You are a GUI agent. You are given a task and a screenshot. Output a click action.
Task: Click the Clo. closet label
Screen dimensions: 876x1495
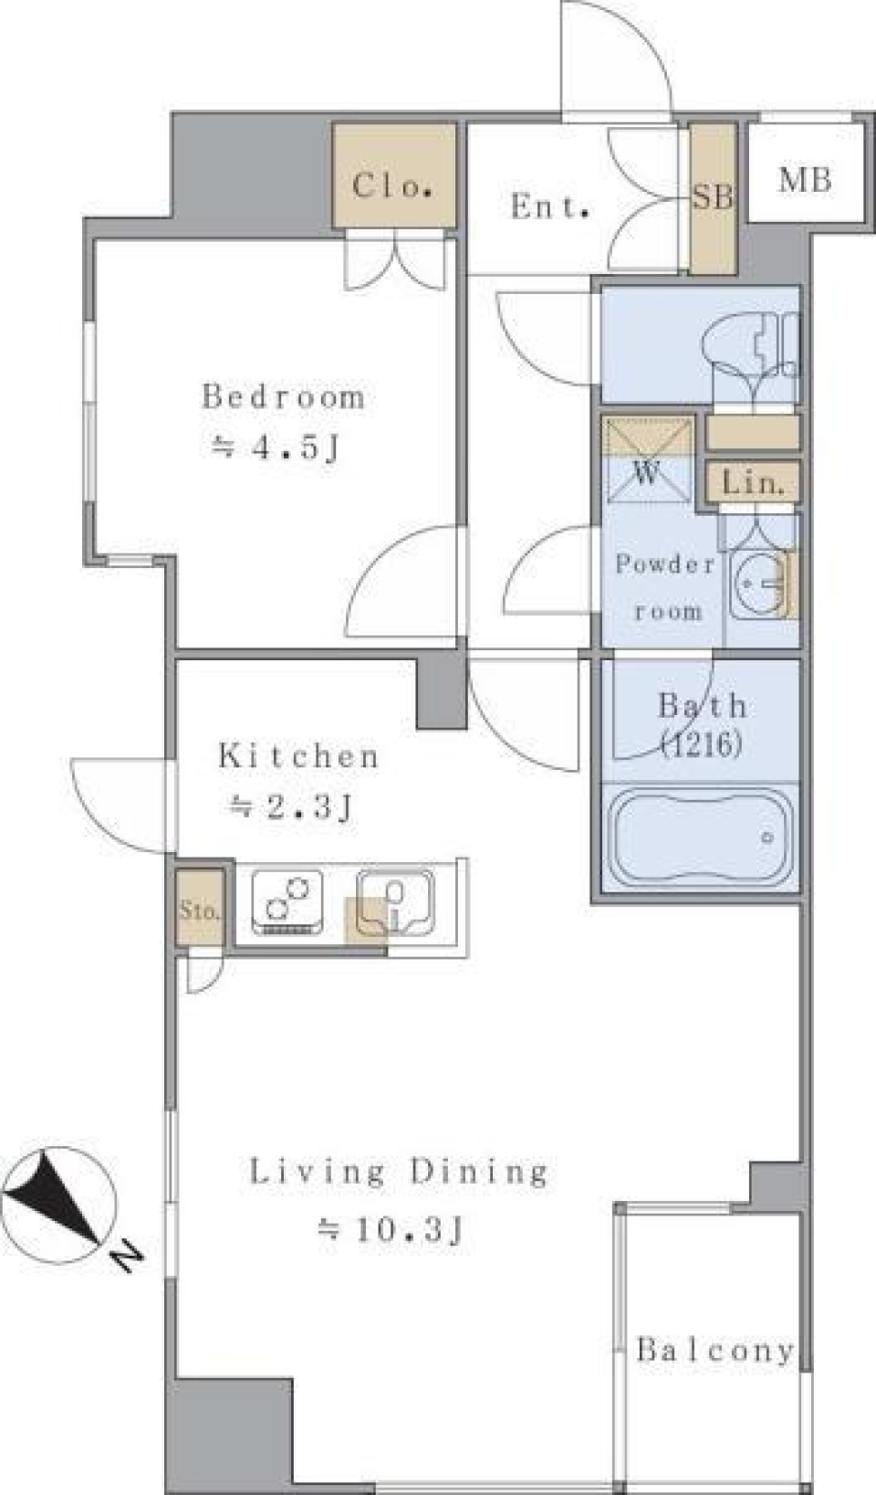pyautogui.click(x=393, y=185)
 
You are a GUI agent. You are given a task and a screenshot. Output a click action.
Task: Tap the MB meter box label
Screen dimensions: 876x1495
pyautogui.click(x=806, y=180)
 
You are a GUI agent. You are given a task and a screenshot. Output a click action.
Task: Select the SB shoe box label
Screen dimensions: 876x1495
pyautogui.click(x=712, y=197)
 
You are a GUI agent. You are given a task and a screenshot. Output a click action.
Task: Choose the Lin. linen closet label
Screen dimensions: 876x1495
pyautogui.click(x=753, y=482)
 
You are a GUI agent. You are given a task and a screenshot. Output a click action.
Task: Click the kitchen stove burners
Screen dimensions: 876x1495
pyautogui.click(x=287, y=901)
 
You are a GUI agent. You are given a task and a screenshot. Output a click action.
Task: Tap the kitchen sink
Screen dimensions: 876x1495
pyautogui.click(x=395, y=901)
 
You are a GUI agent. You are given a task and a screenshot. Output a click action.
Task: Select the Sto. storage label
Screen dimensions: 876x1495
pyautogui.click(x=199, y=910)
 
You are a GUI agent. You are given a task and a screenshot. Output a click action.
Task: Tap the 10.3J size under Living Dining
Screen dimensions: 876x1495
pyautogui.click(x=390, y=1229)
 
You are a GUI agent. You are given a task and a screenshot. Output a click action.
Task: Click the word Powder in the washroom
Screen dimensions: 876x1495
pyautogui.click(x=664, y=564)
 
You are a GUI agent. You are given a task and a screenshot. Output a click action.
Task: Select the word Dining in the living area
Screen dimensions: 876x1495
pyautogui.click(x=478, y=1173)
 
